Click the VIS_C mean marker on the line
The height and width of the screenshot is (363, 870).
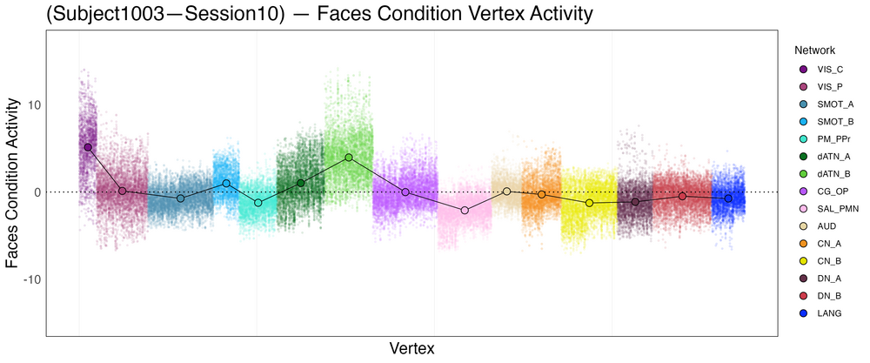tap(88, 147)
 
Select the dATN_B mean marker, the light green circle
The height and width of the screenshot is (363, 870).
tap(349, 158)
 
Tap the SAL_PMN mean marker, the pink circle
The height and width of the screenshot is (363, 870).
tap(465, 211)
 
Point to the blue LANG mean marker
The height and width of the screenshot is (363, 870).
tap(728, 198)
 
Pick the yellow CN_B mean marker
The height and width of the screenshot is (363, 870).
tap(590, 203)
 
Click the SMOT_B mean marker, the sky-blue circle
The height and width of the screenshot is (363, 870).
tap(226, 184)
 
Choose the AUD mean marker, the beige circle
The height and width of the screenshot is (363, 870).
tap(506, 191)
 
